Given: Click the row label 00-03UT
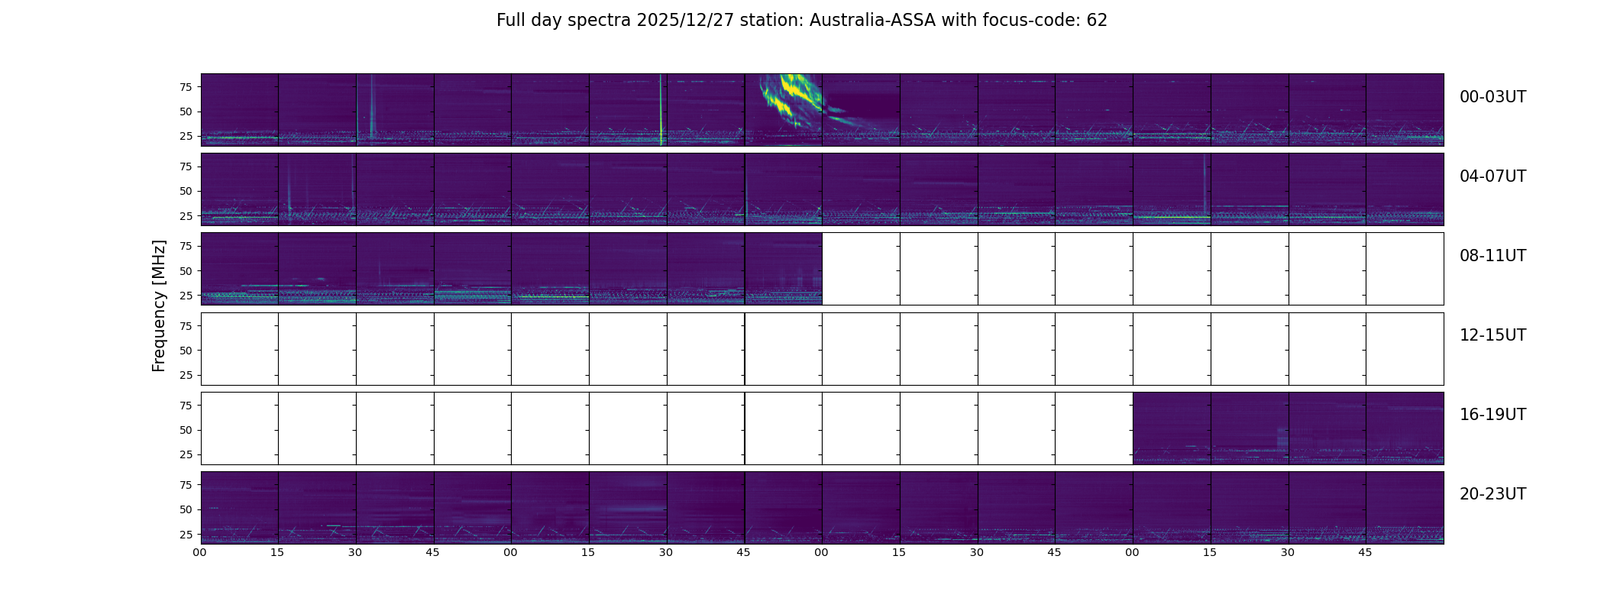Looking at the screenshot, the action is [x=1492, y=97].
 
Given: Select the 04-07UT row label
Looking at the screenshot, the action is [x=1492, y=176].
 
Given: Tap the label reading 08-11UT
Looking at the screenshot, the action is [x=1492, y=256].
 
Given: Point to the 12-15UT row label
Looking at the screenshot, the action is [x=1492, y=335].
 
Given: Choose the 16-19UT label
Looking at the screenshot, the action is [x=1492, y=415].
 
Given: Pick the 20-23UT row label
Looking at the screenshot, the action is [x=1492, y=494].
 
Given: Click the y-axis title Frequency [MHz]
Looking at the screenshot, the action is [x=159, y=305].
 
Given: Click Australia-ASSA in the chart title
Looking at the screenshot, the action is [x=872, y=21].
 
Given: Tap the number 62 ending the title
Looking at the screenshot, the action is [x=1097, y=21].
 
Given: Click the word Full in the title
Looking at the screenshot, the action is [x=509, y=21].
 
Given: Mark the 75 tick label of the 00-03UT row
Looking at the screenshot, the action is [x=185, y=87].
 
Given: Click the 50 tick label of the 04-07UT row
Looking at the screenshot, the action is [x=185, y=192].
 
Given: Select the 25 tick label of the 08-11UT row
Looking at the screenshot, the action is [x=185, y=296].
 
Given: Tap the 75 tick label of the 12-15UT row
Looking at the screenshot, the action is [x=185, y=326].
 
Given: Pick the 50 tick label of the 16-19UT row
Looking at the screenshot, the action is [x=185, y=430].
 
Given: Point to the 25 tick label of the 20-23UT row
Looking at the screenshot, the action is [x=185, y=535].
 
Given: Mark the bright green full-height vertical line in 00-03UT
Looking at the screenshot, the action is [x=661, y=109].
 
